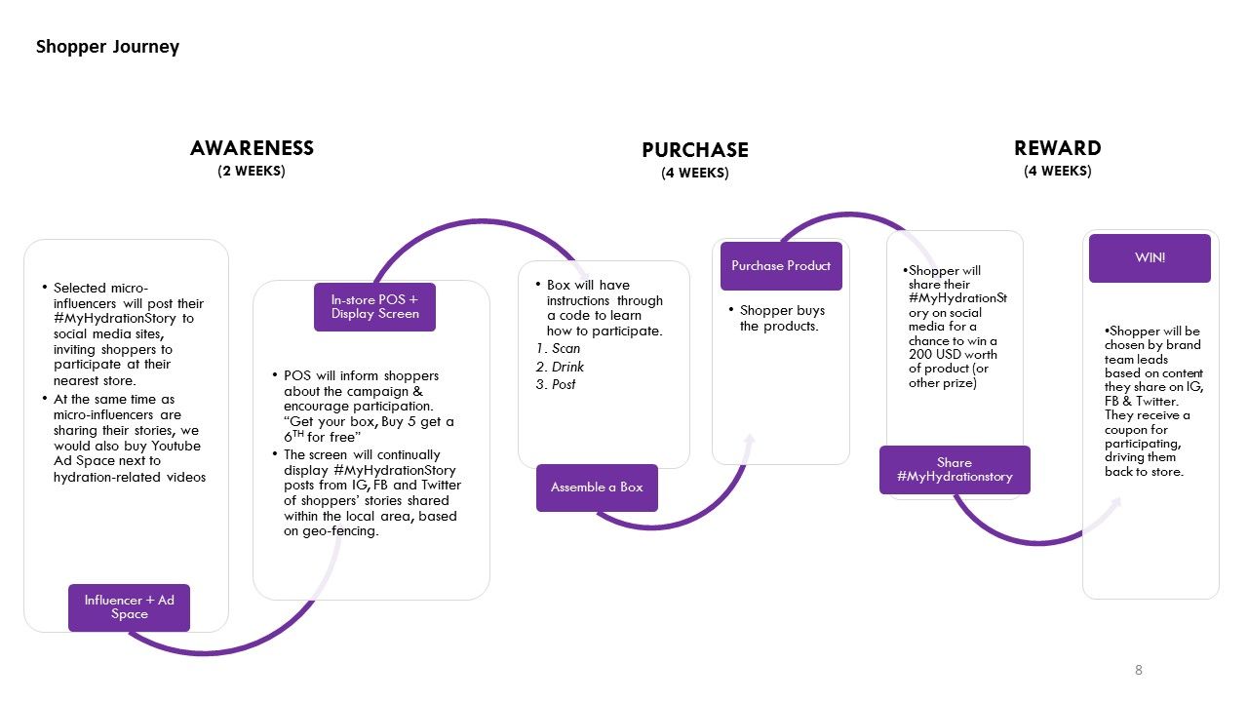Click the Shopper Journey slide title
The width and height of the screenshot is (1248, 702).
[107, 47]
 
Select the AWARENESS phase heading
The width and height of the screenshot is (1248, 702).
[252, 148]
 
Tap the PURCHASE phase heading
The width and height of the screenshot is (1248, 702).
[694, 150]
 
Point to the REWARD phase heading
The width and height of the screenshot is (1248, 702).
[1057, 148]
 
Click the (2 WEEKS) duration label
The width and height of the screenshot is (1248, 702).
[252, 172]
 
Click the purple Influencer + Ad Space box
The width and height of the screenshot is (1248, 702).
[129, 606]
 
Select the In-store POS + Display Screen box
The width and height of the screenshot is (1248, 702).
[374, 307]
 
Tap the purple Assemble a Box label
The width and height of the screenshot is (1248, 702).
[597, 487]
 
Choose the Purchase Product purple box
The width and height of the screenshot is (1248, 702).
[781, 265]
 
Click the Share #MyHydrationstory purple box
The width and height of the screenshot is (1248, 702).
[954, 469]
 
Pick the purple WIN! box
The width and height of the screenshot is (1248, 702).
[1150, 258]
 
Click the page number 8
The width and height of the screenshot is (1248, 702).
[1138, 670]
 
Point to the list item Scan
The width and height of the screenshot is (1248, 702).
[565, 348]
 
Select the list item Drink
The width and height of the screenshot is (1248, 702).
[567, 367]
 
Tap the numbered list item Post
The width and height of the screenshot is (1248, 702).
[564, 384]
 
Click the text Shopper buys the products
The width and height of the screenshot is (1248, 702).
[781, 318]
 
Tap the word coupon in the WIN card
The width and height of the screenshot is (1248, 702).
[1125, 429]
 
